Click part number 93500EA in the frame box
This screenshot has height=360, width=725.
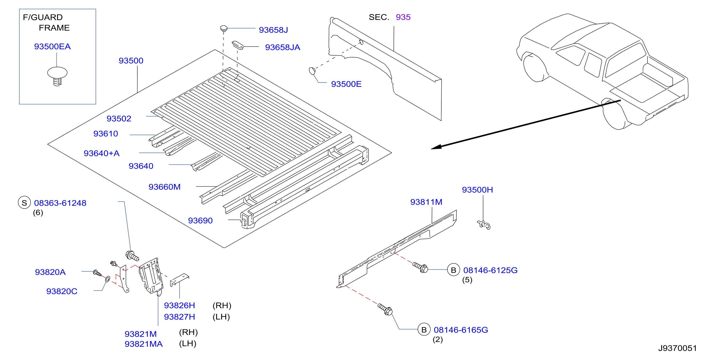pyautogui.click(x=52, y=46)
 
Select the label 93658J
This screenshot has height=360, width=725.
pyautogui.click(x=273, y=30)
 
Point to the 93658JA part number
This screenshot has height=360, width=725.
pyautogui.click(x=283, y=47)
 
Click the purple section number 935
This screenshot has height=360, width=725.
pyautogui.click(x=403, y=17)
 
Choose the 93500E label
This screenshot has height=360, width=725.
pyautogui.click(x=346, y=84)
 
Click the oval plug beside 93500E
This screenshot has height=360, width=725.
pyautogui.click(x=312, y=71)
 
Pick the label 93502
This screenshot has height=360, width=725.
pyautogui.click(x=119, y=118)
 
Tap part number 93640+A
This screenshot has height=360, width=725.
pyautogui.click(x=102, y=153)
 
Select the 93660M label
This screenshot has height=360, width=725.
pyautogui.click(x=164, y=187)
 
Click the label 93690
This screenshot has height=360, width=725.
pyautogui.click(x=200, y=221)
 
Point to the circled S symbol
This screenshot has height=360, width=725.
pyautogui.click(x=24, y=203)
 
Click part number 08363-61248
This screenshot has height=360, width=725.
pyautogui.click(x=60, y=203)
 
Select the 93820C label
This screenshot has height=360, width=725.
pyautogui.click(x=62, y=291)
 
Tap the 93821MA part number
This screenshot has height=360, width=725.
pyautogui.click(x=144, y=344)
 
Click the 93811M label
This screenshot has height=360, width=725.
pyautogui.click(x=426, y=202)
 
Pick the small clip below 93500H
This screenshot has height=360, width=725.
pyautogui.click(x=484, y=225)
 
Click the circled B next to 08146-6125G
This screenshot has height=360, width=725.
pyautogui.click(x=453, y=270)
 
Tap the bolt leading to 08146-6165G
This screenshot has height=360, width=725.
pyautogui.click(x=385, y=309)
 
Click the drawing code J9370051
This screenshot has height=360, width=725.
pyautogui.click(x=677, y=348)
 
